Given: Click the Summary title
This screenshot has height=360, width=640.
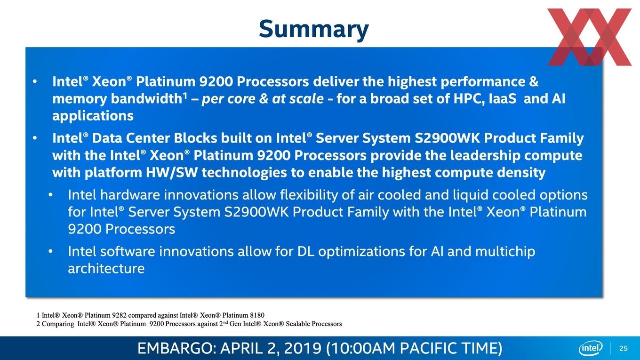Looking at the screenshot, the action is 314,30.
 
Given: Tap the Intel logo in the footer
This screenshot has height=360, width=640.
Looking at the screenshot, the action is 591,348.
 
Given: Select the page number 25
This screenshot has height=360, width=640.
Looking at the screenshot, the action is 624,348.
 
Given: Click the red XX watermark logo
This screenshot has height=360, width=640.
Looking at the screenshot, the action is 589,37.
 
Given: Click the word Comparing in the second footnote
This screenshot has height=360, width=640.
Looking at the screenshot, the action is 57,324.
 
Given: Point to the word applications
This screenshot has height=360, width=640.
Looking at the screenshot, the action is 93,116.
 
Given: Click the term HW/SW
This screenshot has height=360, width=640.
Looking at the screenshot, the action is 171,173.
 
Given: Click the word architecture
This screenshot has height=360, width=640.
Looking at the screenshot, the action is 106,268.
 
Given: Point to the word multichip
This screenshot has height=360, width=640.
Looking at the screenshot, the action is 505,252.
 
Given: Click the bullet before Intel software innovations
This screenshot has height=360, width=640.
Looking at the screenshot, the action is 50,252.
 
